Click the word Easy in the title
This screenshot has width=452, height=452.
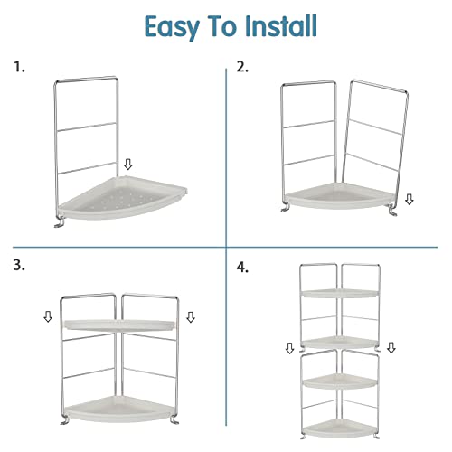172,27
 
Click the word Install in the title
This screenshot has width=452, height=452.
281,25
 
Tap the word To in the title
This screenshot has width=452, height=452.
222,26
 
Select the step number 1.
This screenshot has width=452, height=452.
19,67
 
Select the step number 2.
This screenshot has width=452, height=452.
242,67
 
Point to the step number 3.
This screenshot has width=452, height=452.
19,265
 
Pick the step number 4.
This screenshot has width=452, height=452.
242,268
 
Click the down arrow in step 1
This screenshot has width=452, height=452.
128,165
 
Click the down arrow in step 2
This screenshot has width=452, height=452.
409,200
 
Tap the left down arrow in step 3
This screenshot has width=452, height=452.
48,316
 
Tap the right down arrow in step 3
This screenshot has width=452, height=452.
191,317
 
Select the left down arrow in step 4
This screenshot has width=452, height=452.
289,348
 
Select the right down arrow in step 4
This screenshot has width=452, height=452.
391,347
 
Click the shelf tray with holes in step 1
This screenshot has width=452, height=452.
122,198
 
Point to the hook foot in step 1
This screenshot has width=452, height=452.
60,223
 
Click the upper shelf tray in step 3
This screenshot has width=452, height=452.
119,325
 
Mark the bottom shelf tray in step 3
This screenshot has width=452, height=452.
119,410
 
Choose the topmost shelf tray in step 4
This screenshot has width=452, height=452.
340,294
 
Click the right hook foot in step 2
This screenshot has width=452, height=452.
392,211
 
